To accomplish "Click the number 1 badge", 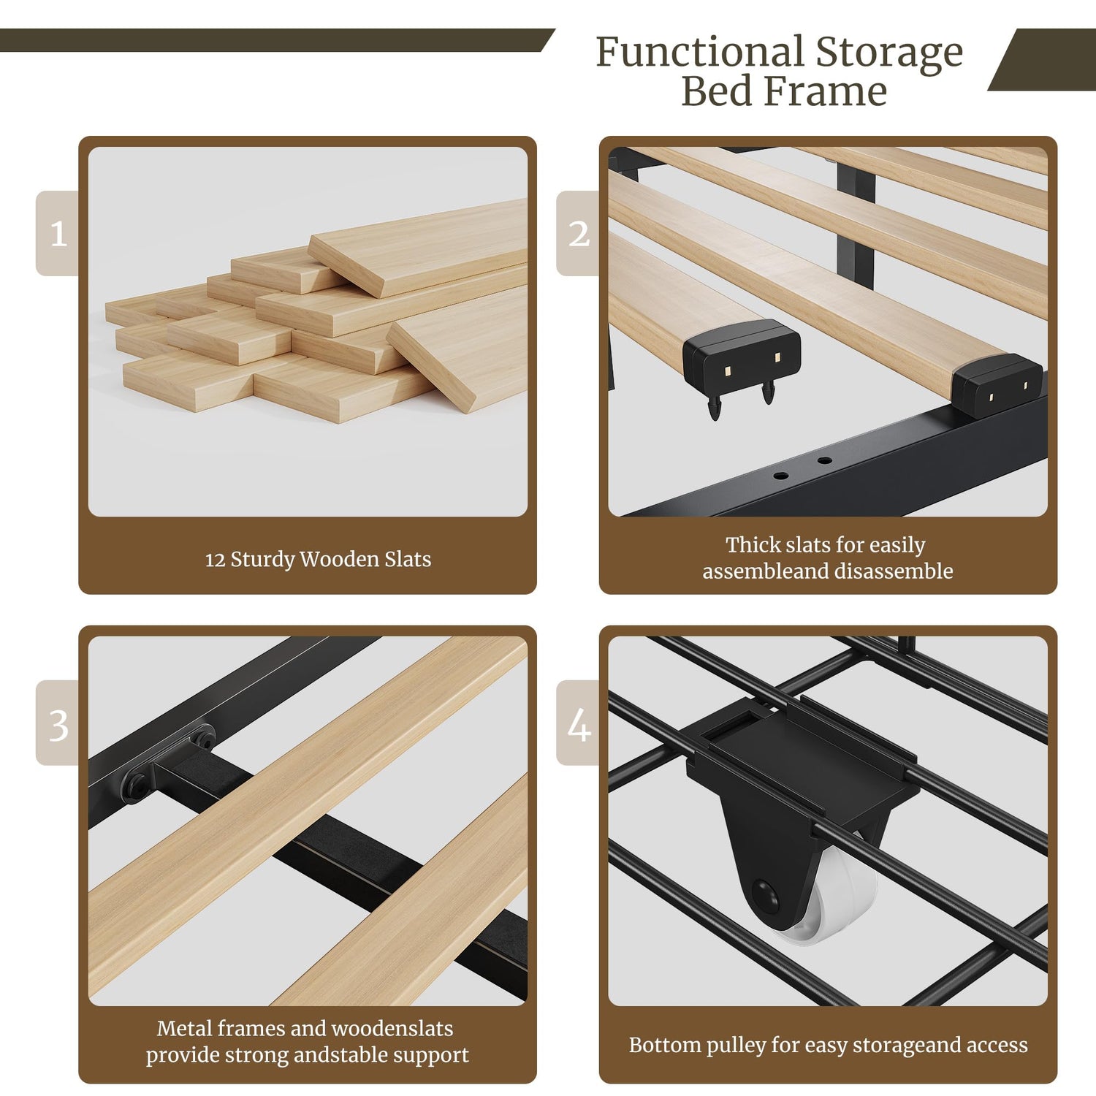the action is click(58, 233).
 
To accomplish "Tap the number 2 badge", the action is click(578, 233).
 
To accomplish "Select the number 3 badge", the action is click(58, 723).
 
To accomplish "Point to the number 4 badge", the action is click(578, 723).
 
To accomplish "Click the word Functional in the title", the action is click(699, 53).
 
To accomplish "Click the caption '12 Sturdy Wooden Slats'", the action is click(318, 560).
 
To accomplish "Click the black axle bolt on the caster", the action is click(764, 894).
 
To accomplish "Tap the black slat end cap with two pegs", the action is click(741, 362).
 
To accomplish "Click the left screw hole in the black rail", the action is click(781, 476).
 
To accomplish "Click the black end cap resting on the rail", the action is click(998, 385).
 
